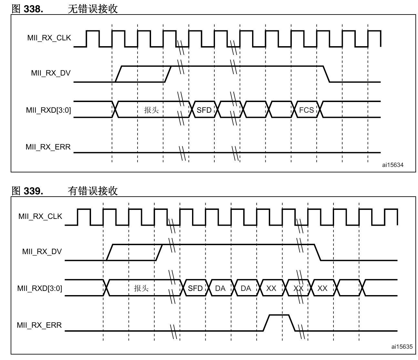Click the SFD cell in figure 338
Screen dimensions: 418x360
[x=204, y=109]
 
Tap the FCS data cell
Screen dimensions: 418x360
[x=306, y=109]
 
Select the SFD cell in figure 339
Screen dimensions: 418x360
[x=195, y=288]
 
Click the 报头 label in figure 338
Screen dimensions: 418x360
[x=151, y=110]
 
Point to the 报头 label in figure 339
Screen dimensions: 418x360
[x=141, y=288]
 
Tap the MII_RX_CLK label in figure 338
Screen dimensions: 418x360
[x=49, y=38]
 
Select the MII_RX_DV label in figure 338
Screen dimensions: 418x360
[x=51, y=73]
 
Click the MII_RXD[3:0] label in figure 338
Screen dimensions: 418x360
[x=48, y=110]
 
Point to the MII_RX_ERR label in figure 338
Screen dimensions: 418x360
[x=48, y=147]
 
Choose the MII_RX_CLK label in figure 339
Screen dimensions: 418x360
[x=40, y=216]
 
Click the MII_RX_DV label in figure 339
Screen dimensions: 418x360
[x=42, y=252]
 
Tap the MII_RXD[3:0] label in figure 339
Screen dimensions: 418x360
[x=40, y=288]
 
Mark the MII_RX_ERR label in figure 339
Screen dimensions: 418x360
[x=39, y=325]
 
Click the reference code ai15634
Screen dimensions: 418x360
[x=393, y=165]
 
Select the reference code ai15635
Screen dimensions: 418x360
[x=402, y=347]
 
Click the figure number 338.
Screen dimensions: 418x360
[x=33, y=9]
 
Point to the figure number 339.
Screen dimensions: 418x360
[x=33, y=191]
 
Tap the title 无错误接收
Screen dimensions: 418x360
[x=93, y=9]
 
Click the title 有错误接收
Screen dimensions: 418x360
[x=93, y=191]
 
